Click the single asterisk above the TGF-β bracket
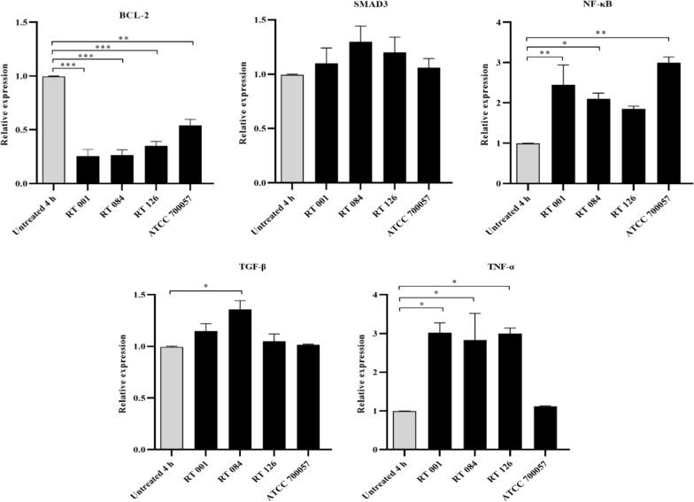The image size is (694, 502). [205, 286]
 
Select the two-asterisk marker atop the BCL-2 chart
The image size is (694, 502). [123, 38]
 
